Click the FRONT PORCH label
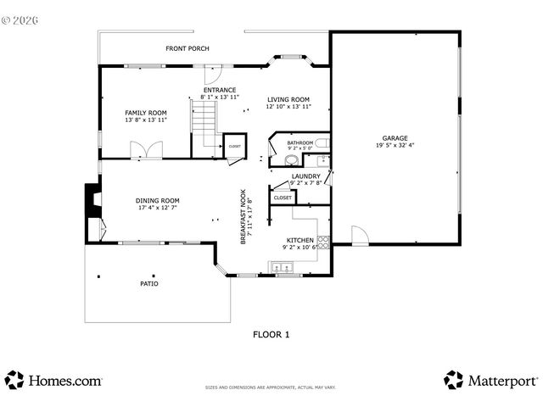click(188, 48)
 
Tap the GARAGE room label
click(395, 138)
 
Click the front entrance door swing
click(217, 72)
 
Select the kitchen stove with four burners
click(323, 243)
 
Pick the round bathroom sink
click(291, 159)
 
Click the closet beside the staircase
click(234, 146)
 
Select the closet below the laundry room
click(283, 198)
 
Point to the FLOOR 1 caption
click(271, 334)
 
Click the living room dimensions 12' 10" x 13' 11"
click(288, 106)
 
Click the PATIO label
click(149, 283)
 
